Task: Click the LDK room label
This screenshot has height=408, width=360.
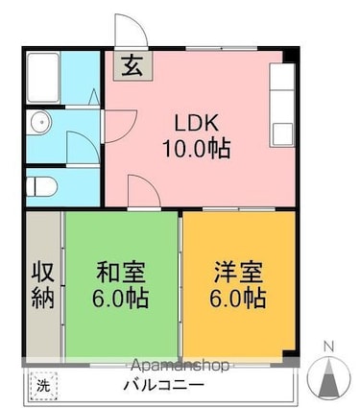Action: (197, 123)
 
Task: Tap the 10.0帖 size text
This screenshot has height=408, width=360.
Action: (197, 149)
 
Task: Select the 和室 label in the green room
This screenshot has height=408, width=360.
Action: (121, 273)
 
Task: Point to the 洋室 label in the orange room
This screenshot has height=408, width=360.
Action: (238, 273)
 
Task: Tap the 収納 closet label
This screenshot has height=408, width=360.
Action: (43, 285)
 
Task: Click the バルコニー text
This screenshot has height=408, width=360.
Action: (163, 385)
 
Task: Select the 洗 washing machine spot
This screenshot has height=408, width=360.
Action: (43, 386)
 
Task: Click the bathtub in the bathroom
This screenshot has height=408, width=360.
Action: (43, 78)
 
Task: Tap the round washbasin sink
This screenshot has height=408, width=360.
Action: (41, 122)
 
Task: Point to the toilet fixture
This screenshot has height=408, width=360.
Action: (41, 186)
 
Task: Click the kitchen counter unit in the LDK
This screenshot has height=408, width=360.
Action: (281, 105)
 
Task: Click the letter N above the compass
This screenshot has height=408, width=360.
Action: (328, 346)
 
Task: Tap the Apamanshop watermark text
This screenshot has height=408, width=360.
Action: (180, 366)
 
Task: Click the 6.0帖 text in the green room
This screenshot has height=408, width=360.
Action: (120, 298)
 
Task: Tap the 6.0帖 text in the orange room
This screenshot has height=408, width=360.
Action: (238, 298)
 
